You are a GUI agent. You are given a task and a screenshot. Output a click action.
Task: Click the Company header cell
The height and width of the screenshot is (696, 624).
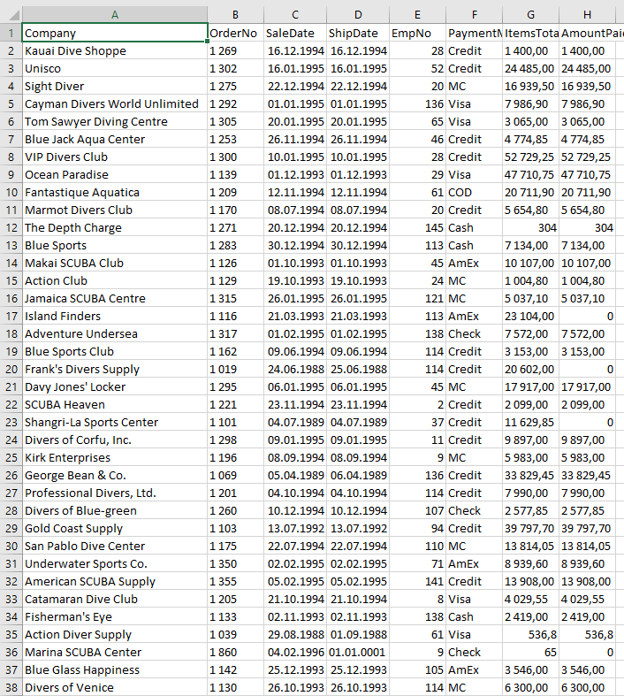[115, 33]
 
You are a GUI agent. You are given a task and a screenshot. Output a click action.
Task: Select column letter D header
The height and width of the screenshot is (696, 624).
[357, 14]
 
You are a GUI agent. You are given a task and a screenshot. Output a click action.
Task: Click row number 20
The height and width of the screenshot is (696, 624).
[11, 369]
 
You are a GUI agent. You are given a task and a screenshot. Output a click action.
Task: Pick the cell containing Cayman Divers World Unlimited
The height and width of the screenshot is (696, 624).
[111, 103]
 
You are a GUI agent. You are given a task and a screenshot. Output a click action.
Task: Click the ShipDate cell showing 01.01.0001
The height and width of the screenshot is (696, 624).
[357, 652]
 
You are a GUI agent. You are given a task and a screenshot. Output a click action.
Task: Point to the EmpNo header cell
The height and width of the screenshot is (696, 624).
[417, 33]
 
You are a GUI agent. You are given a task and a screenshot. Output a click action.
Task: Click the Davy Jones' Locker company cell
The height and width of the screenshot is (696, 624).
[75, 386]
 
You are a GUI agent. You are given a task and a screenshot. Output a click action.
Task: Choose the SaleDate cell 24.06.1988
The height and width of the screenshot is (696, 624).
[294, 369]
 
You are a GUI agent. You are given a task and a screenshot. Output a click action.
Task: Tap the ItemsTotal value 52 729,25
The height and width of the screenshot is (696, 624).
[529, 157]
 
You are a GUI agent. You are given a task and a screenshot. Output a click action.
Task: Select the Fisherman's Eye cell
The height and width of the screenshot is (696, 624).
[68, 616]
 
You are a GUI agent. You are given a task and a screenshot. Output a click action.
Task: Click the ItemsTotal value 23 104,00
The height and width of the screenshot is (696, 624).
[529, 316]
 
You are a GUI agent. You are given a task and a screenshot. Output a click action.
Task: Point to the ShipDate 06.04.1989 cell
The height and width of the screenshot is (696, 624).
[357, 475]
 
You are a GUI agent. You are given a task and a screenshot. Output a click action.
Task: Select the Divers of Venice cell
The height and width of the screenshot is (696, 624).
[69, 687]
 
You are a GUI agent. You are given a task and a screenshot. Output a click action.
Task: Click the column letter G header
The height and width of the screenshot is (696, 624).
[529, 14]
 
